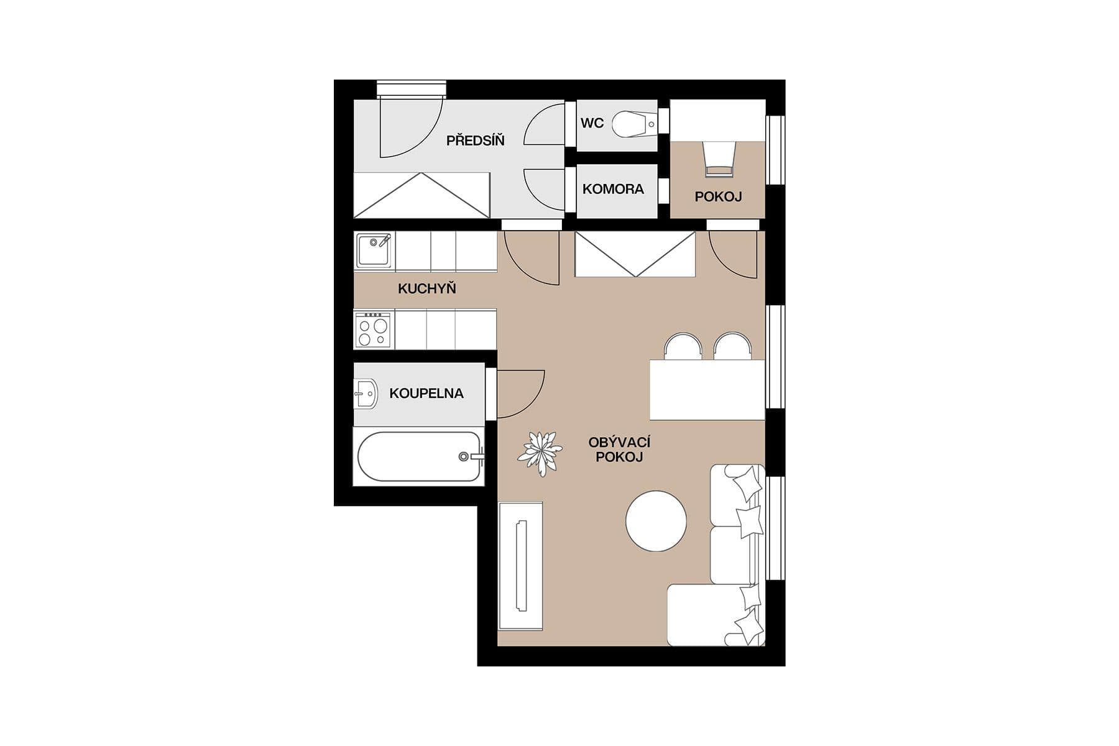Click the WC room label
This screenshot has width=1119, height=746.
(x=592, y=123)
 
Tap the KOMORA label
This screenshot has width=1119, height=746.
(x=613, y=189)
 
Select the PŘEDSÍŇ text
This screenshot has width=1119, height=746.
(x=475, y=140)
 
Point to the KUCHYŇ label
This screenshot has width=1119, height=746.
(x=426, y=288)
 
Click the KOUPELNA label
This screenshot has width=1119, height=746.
(x=426, y=393)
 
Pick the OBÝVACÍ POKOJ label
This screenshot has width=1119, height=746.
(x=619, y=449)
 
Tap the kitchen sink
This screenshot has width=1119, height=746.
(x=374, y=250)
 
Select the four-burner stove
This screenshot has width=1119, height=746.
(x=374, y=330)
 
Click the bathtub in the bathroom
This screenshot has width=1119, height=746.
(x=418, y=457)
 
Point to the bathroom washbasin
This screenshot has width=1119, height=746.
(x=367, y=394)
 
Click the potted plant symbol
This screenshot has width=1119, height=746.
(x=540, y=453)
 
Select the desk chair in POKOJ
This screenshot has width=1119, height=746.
(x=719, y=159)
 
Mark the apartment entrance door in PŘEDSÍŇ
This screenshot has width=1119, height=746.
(x=410, y=127)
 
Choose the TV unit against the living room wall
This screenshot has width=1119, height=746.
(x=520, y=566)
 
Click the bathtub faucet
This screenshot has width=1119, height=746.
(x=471, y=456)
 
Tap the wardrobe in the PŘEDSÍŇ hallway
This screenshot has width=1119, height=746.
(x=421, y=195)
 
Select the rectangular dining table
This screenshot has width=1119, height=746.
(x=707, y=390)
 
